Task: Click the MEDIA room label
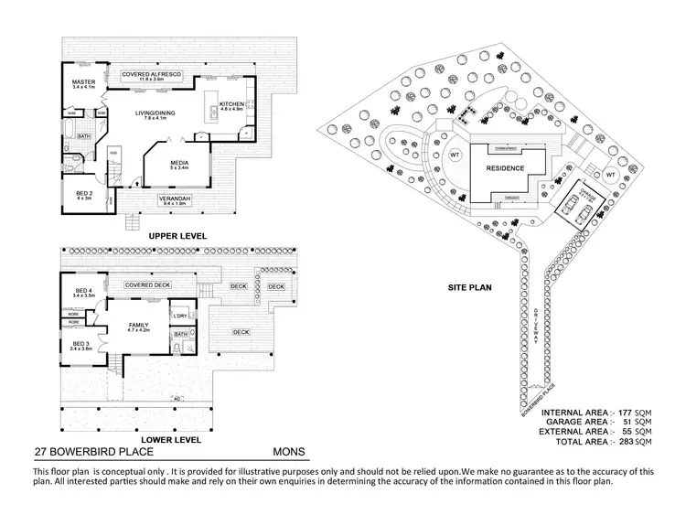point(178,163)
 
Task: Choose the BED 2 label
point(83,194)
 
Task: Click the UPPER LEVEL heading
point(174,235)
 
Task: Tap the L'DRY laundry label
point(179,317)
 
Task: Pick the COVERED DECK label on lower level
point(147,284)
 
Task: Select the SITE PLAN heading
point(469,287)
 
